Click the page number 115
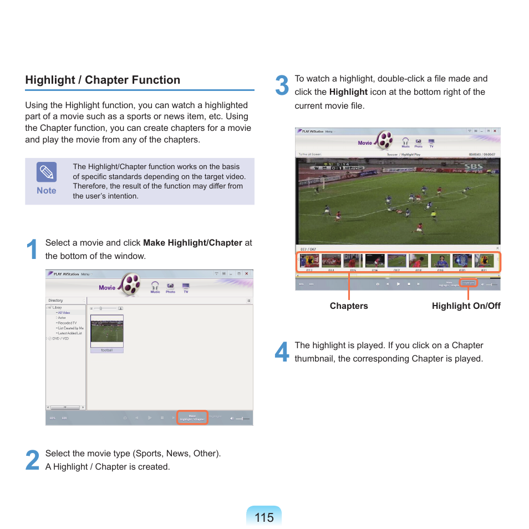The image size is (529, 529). [264, 517]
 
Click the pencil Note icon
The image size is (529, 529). [47, 172]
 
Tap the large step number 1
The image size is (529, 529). [32, 250]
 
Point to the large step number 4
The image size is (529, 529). [282, 352]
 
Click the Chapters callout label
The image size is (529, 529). [349, 306]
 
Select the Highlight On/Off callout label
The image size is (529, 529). [466, 306]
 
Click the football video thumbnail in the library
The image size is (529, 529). [107, 331]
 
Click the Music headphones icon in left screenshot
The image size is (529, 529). [155, 286]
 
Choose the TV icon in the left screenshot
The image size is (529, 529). [186, 286]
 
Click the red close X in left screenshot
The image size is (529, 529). [247, 273]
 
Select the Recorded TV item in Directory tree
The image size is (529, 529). [67, 323]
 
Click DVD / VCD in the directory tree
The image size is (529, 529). [62, 338]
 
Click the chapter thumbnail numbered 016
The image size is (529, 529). [375, 261]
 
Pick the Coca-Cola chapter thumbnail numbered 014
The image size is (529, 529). [331, 261]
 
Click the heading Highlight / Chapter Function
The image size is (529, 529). [103, 80]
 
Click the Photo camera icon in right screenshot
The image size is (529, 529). [419, 142]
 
